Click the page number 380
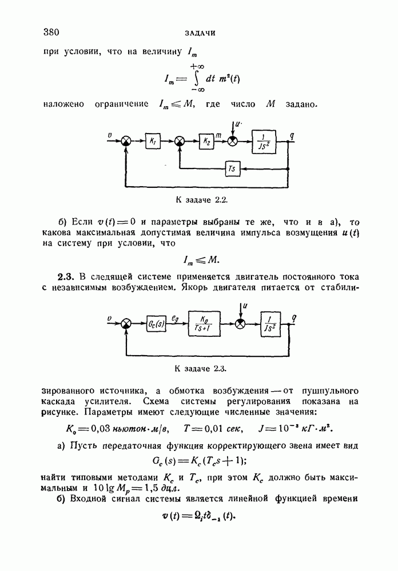pos(51,32)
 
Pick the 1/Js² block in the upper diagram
pos(264,140)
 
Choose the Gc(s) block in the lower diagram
pos(156,324)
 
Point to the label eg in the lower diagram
pos(176,317)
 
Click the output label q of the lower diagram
pos(293,317)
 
